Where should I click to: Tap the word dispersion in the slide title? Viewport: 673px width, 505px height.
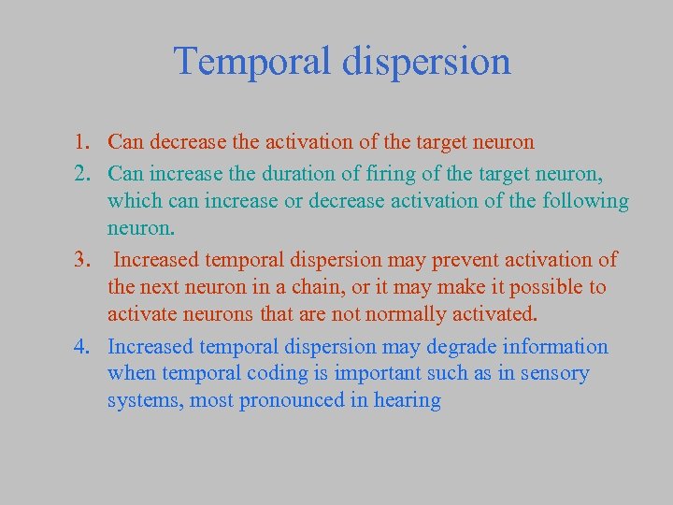[434, 62]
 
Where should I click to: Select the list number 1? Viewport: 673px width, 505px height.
[82, 143]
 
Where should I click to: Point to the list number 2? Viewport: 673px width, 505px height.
[82, 172]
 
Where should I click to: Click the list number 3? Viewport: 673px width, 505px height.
[82, 260]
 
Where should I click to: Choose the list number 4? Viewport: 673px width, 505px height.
[82, 348]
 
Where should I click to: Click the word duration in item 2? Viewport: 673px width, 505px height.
[280, 172]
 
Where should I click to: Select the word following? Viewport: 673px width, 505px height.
[582, 201]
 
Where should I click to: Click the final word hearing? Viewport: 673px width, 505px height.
[408, 402]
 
